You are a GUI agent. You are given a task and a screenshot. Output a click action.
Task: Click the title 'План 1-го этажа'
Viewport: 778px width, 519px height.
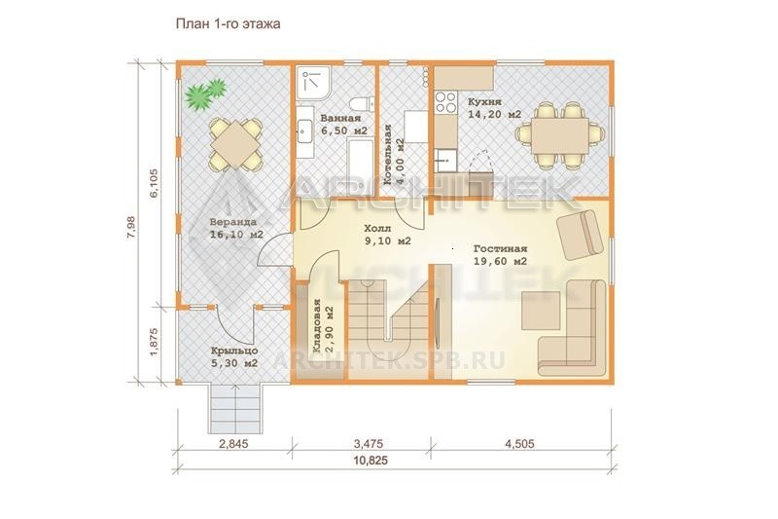click(228, 23)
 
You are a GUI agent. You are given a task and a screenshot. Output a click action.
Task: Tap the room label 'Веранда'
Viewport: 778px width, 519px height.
click(232, 222)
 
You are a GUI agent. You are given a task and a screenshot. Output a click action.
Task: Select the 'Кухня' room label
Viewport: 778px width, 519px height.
click(484, 101)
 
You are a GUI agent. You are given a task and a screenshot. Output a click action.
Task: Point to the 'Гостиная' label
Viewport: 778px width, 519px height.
click(500, 249)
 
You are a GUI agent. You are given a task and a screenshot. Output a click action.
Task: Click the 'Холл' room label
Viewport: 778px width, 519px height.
click(377, 229)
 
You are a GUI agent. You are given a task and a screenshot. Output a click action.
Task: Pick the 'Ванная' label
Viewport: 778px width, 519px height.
click(340, 118)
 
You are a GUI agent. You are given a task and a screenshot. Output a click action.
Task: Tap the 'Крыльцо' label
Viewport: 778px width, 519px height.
click(233, 351)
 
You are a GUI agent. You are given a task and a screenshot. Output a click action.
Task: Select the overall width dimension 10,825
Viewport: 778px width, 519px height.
click(371, 461)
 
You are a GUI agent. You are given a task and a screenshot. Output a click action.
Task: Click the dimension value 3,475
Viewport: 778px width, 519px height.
click(368, 443)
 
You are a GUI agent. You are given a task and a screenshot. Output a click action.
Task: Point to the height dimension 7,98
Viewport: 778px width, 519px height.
click(131, 229)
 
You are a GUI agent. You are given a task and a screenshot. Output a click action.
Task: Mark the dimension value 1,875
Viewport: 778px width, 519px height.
click(154, 341)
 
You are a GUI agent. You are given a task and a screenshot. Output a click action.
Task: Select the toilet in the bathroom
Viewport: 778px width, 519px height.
click(361, 104)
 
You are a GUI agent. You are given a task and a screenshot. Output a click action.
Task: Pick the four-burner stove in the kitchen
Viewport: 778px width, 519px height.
click(445, 102)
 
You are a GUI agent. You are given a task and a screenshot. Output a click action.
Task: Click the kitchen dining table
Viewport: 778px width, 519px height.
click(560, 136)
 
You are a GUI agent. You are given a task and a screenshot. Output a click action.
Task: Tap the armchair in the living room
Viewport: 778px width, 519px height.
click(581, 235)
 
